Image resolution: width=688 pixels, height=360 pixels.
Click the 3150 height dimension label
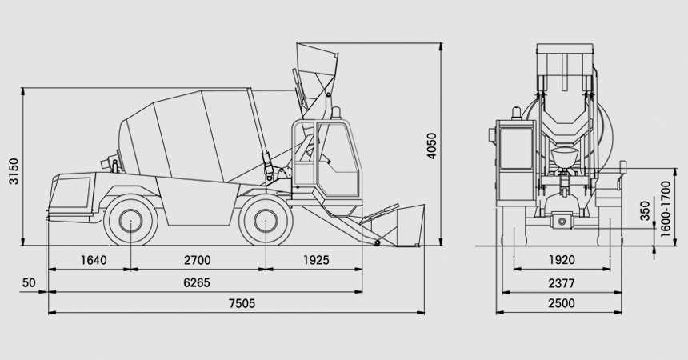[x=14, y=171]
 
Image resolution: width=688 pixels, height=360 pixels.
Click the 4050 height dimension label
[x=432, y=146]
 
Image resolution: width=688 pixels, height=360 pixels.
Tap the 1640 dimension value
[x=94, y=260]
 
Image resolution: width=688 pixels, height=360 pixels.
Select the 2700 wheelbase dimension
[x=198, y=260]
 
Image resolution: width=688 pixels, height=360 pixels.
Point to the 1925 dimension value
[x=316, y=260]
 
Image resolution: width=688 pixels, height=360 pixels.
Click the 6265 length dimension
[x=197, y=282]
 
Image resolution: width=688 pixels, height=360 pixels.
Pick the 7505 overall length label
[x=242, y=303]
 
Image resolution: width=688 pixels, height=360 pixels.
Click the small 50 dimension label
[x=29, y=282]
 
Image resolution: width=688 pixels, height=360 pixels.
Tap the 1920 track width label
[x=562, y=260]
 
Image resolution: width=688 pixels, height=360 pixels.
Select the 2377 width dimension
[x=562, y=283]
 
